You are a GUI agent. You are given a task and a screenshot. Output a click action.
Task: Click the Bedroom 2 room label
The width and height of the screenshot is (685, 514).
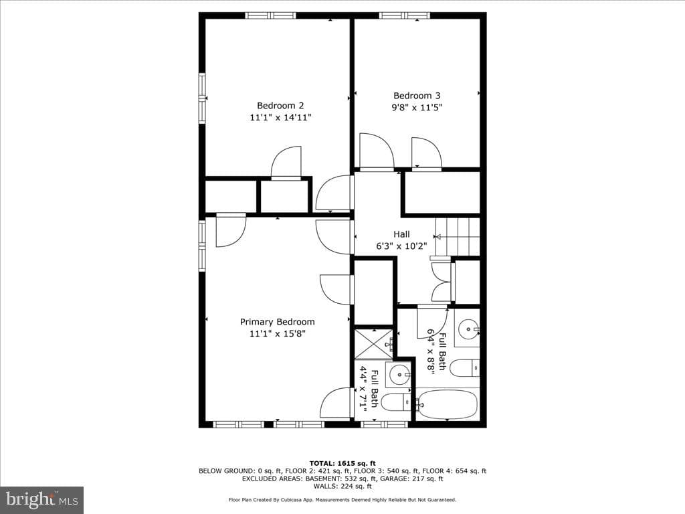coord(280,105)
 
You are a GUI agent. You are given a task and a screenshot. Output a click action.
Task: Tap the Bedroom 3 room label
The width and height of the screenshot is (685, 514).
coord(417,96)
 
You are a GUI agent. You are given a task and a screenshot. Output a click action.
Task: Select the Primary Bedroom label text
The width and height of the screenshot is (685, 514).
coord(277,322)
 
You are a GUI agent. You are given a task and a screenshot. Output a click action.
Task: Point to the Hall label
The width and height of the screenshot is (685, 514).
coord(401,234)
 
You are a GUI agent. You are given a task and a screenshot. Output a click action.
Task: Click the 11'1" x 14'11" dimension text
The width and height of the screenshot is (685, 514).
coord(280,117)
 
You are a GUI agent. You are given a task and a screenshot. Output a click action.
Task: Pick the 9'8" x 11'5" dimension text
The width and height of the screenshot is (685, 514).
coord(417,108)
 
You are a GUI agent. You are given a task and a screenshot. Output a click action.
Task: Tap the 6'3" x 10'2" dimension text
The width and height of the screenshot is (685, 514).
coord(401,246)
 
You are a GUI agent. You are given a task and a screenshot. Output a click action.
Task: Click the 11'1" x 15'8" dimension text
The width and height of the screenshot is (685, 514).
coord(277,333)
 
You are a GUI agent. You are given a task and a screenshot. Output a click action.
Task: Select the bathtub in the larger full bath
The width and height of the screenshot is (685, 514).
coord(446,405)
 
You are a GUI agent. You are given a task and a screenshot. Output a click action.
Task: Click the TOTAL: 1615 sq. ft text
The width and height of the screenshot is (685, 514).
coord(342,463)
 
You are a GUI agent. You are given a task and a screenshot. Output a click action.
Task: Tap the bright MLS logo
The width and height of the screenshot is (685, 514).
coord(42,500)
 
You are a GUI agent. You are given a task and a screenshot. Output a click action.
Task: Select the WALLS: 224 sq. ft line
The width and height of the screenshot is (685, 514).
coord(342,486)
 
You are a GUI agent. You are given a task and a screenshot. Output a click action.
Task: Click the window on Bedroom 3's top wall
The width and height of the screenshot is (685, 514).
coord(405,16)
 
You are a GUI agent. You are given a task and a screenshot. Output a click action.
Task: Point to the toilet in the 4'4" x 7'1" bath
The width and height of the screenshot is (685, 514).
coord(396,402)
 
